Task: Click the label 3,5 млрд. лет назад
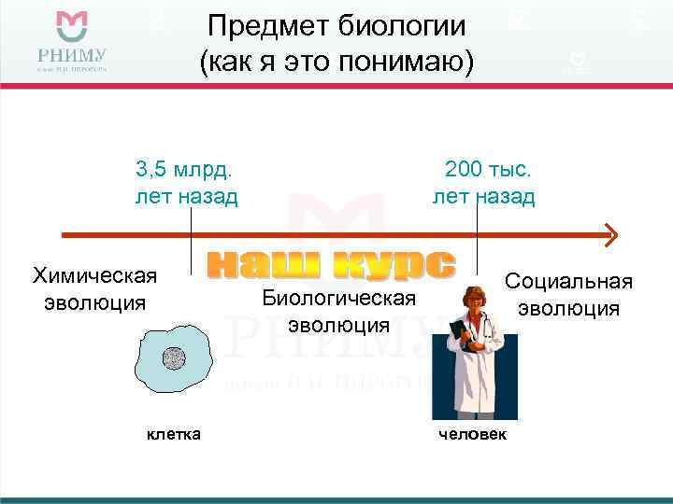[x=186, y=183]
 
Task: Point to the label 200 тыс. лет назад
[x=483, y=183]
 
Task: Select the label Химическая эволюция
[x=94, y=288]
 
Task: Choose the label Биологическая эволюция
[x=337, y=311]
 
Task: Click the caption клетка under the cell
[x=174, y=435]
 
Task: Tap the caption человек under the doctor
[x=473, y=436]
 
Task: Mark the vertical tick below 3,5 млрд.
[x=192, y=239]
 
